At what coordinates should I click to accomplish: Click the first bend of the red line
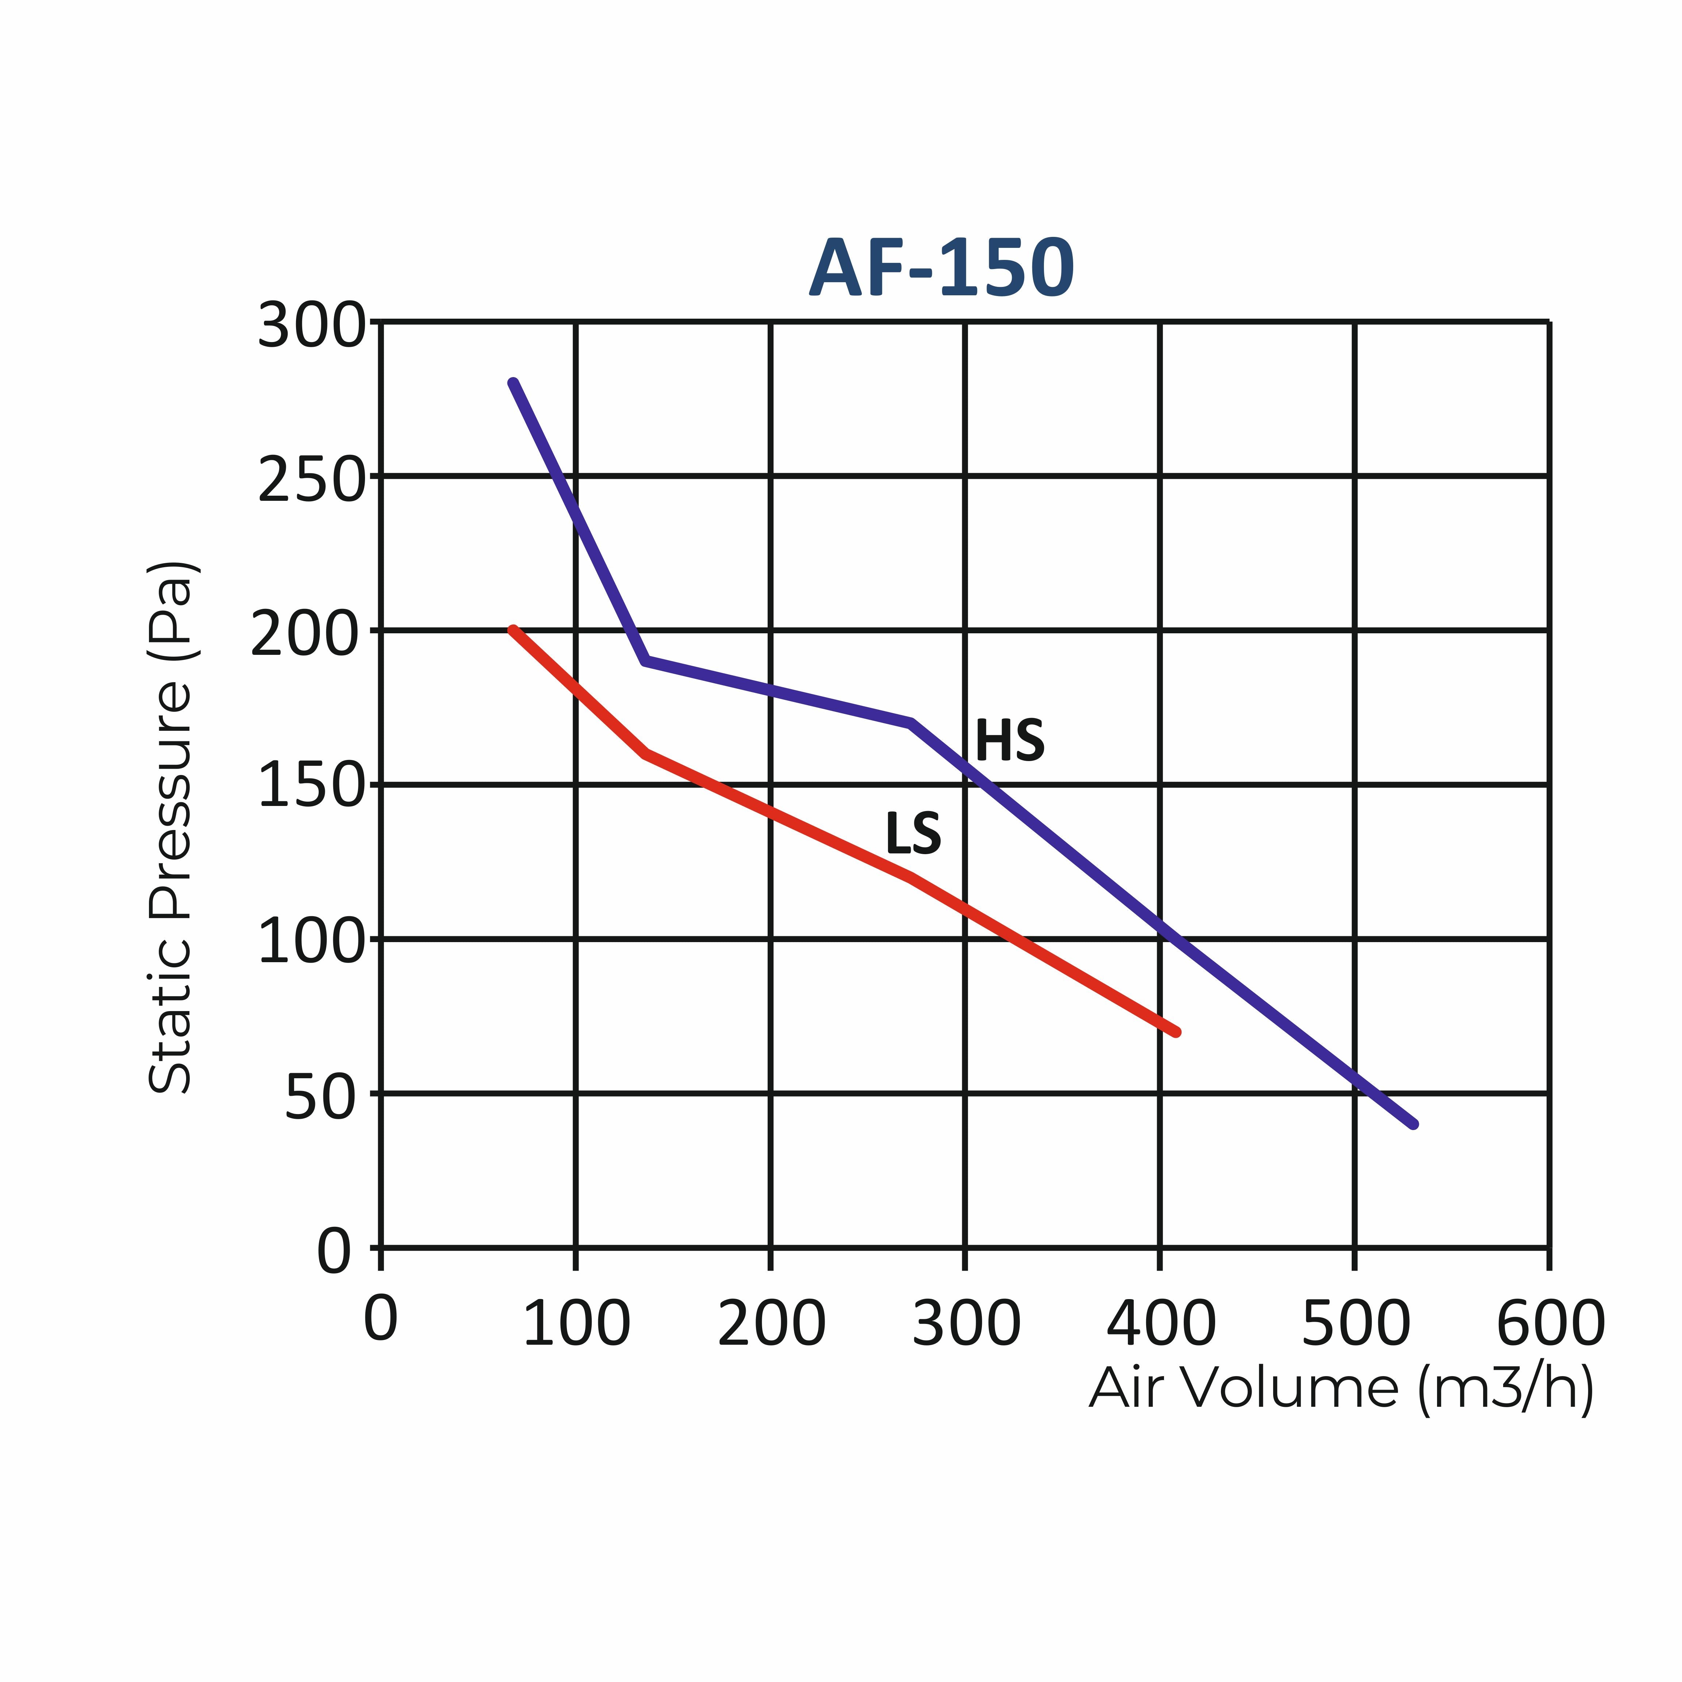click(x=644, y=753)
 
